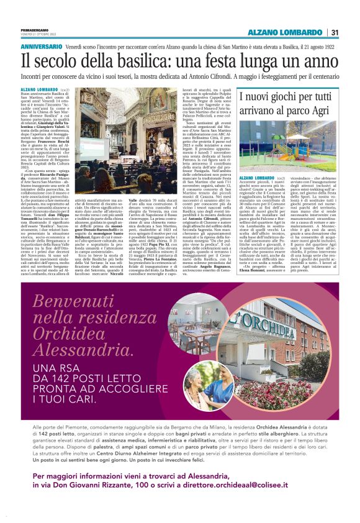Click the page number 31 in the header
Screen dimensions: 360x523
pyautogui.click(x=335, y=33)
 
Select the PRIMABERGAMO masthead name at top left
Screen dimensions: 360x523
pyautogui.click(x=30, y=29)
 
